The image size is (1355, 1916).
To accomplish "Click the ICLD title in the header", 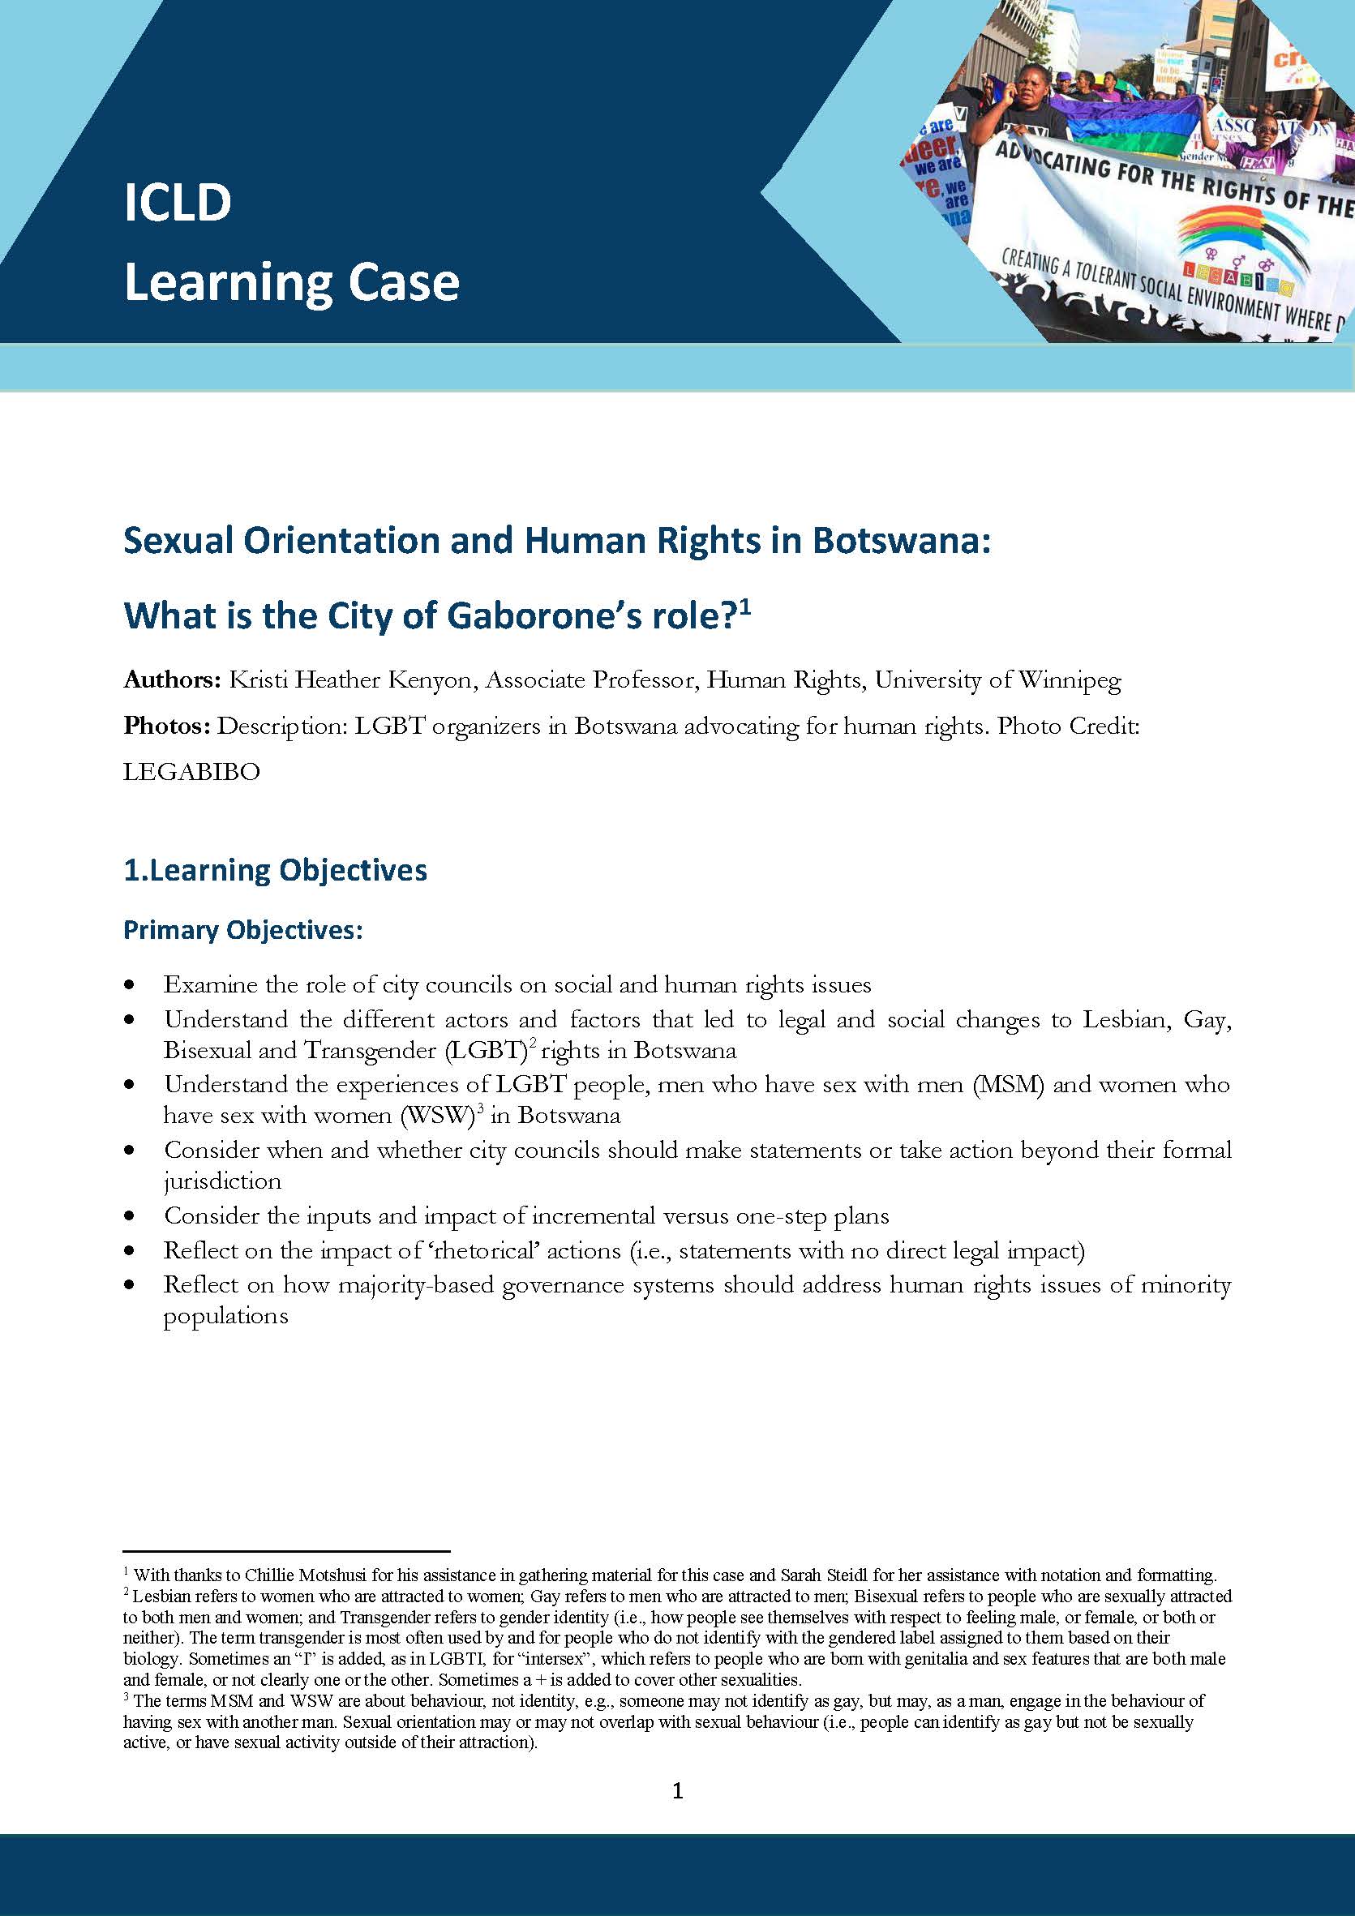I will (x=177, y=202).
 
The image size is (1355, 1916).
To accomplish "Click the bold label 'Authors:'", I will (x=171, y=680).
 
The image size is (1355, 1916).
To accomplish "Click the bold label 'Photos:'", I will (x=166, y=725).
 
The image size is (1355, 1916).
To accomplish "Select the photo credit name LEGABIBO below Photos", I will (x=191, y=771).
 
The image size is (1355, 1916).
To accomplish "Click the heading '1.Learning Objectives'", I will (x=276, y=869).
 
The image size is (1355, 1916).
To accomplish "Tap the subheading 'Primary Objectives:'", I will (x=242, y=930).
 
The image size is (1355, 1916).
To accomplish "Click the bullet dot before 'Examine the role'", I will (x=128, y=986).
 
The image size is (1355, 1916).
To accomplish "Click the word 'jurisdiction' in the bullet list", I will (x=222, y=1181).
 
